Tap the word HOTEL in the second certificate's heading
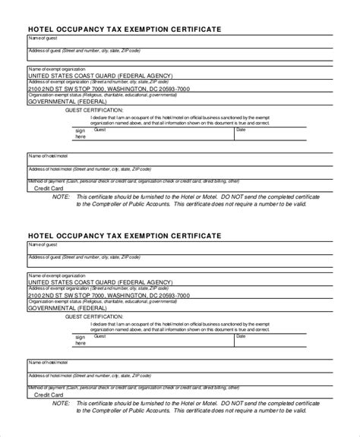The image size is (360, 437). [43, 236]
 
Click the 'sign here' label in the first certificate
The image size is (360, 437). [81, 134]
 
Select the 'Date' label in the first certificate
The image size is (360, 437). [241, 130]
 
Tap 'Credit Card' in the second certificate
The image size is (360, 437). [49, 395]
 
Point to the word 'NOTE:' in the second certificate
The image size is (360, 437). [60, 402]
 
